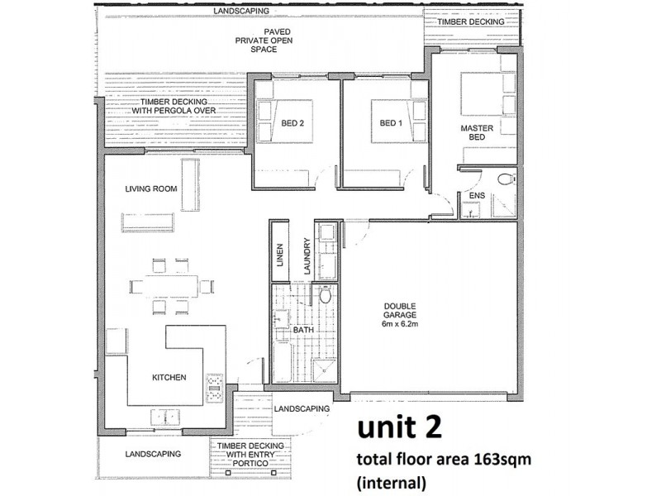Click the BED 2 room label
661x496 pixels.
[292, 123]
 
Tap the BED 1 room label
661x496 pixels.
[391, 123]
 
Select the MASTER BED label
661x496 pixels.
[477, 132]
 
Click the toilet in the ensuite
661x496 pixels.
[506, 179]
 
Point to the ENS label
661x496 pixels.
[478, 196]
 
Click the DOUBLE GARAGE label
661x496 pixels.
[400, 311]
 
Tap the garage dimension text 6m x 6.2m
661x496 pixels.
[400, 324]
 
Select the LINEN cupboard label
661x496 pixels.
[280, 255]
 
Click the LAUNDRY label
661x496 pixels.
[307, 256]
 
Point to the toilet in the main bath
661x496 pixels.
[325, 294]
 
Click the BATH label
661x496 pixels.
[303, 330]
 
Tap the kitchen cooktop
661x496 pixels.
[215, 388]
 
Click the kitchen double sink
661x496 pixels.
[165, 417]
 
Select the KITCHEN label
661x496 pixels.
[169, 378]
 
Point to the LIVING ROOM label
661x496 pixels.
[151, 189]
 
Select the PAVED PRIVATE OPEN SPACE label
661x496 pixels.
[264, 41]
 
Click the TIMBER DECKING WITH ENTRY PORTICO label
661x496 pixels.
[250, 455]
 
